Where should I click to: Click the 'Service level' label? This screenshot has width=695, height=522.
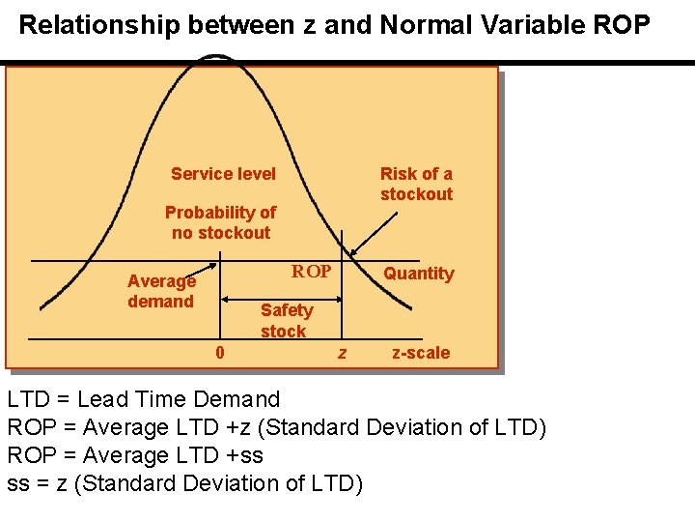pos(223,174)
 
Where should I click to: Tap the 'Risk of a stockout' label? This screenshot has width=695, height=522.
pos(416,184)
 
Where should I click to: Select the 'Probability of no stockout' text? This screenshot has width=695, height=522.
pos(220,222)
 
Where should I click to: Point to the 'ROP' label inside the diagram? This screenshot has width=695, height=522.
pos(312,272)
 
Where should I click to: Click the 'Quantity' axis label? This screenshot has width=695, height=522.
pos(418,274)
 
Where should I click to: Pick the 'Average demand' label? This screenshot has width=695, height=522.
pos(161,291)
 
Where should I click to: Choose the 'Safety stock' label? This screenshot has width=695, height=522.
pos(286,320)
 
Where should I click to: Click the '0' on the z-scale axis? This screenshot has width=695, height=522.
pos(220,353)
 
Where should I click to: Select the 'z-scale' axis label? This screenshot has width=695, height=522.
pos(420,353)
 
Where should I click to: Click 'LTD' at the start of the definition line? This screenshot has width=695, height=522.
pos(28,399)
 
